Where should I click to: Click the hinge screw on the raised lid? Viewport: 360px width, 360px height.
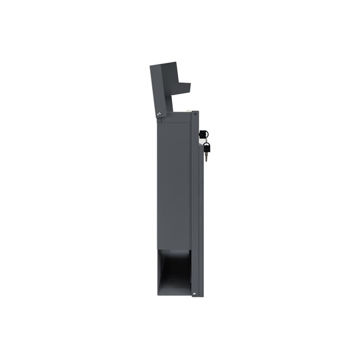click(158, 114)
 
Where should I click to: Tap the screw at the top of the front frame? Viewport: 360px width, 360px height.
click(195, 114)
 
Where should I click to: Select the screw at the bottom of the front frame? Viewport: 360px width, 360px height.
click(194, 293)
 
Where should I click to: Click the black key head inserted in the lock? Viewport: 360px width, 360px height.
click(203, 134)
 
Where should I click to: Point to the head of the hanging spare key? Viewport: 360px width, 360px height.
click(207, 146)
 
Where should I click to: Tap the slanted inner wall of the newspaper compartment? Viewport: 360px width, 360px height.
click(164, 270)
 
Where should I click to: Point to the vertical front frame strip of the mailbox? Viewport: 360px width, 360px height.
click(195, 202)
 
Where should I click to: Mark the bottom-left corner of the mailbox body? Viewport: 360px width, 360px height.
click(158, 295)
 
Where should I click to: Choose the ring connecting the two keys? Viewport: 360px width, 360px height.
click(206, 140)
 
